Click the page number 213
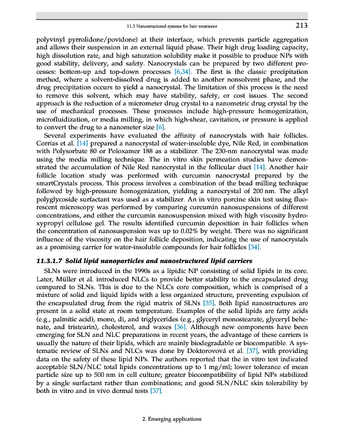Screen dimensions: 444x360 [x=302, y=25]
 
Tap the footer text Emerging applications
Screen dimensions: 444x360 [x=172, y=418]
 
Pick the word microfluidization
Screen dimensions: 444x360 [x=63, y=119]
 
